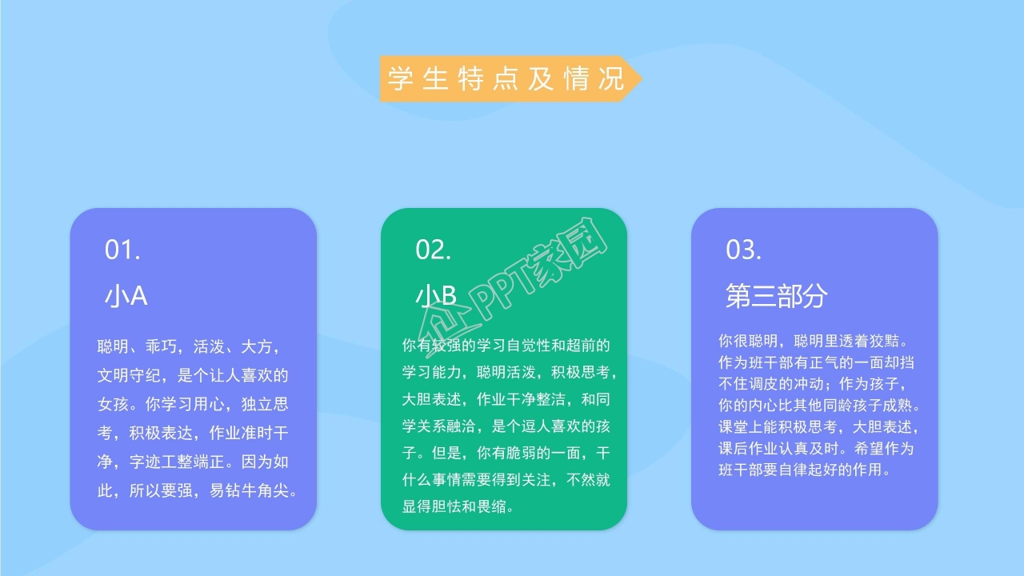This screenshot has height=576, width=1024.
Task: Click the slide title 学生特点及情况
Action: (x=505, y=78)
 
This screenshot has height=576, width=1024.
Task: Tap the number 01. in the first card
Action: (x=122, y=250)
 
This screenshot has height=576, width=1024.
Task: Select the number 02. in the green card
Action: (x=433, y=250)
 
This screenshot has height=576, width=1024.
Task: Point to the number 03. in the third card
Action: (x=743, y=250)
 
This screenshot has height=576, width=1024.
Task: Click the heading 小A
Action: (x=126, y=296)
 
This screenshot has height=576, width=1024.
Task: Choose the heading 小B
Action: (x=436, y=296)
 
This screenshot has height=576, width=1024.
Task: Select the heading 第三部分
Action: (x=776, y=296)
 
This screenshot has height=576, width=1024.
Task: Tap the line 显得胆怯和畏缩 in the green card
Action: (x=458, y=506)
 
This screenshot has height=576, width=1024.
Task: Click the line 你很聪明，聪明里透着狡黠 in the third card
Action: (x=812, y=341)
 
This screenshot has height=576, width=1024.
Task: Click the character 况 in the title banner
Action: (x=610, y=78)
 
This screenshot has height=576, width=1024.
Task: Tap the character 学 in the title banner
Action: (x=399, y=78)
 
